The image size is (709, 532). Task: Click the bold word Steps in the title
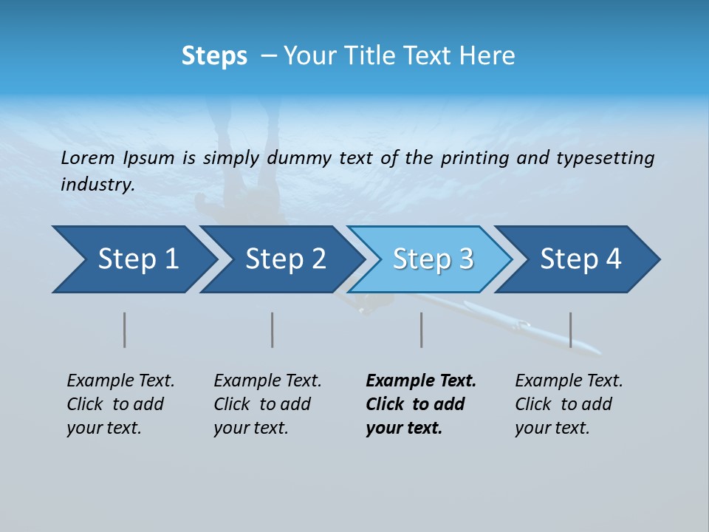coord(214,56)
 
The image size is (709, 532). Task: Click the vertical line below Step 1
coord(125,330)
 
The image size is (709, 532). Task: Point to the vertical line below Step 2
coord(273,330)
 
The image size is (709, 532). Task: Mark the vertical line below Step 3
coord(421,330)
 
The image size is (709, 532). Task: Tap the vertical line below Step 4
coord(570,330)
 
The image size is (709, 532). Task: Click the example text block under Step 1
coord(120,404)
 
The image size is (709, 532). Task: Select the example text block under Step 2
coord(267,404)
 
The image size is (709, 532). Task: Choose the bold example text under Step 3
coord(420,404)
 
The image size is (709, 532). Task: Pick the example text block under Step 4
coord(569,404)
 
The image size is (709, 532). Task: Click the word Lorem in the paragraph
coord(88,158)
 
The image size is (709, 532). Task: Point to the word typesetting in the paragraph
coord(605,158)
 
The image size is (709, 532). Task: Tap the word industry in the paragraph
coord(97,185)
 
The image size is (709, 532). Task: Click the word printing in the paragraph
coord(475,158)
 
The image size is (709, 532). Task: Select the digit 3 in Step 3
coord(465,259)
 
